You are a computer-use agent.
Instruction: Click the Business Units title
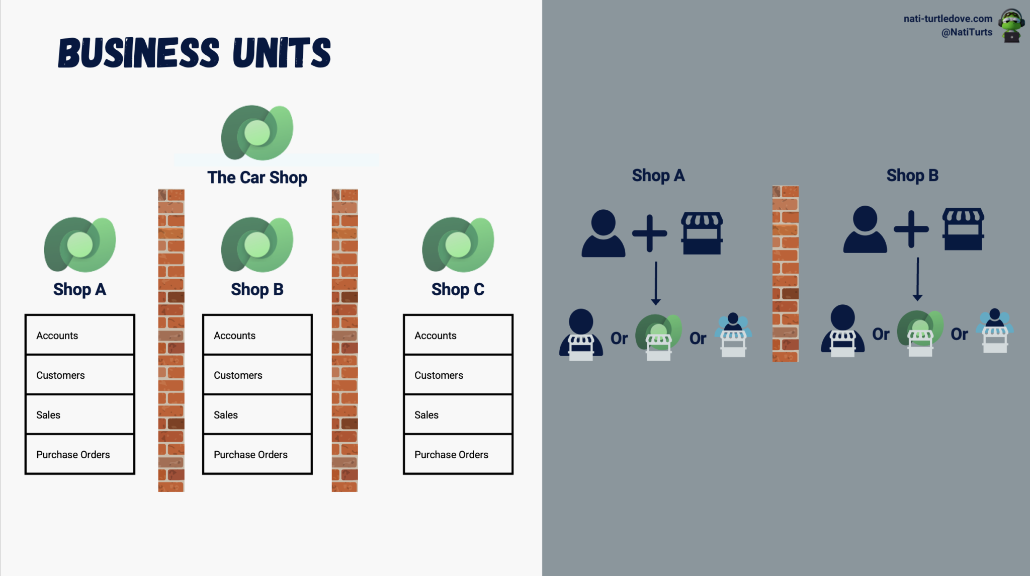point(194,53)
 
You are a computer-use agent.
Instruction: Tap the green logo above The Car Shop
point(257,133)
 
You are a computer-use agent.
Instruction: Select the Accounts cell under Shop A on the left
point(80,335)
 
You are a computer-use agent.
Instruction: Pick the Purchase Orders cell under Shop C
point(458,454)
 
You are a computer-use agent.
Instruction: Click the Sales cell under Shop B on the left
point(257,415)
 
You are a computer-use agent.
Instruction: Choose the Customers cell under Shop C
point(458,375)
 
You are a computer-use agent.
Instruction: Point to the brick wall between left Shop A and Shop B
point(171,340)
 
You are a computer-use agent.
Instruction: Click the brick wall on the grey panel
point(785,274)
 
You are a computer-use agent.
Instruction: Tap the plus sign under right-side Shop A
point(649,233)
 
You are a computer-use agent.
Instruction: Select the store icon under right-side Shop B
point(963,229)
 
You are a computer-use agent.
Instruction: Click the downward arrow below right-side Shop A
point(656,283)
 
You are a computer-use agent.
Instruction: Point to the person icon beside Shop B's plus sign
point(865,229)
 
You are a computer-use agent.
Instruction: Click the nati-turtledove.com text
point(948,19)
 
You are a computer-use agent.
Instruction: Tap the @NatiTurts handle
point(966,32)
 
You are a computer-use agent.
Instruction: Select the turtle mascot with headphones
point(1011,26)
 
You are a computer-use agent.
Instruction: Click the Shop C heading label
point(458,289)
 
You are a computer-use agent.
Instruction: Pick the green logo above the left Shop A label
point(80,244)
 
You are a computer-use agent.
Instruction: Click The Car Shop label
point(257,178)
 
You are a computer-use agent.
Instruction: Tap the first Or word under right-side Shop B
point(881,334)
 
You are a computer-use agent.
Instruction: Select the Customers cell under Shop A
point(80,375)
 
